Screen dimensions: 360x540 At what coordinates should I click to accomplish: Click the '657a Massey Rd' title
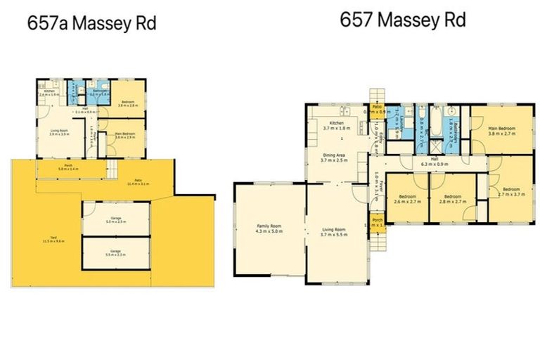(91, 22)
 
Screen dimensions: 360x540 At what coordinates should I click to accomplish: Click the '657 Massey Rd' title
(402, 20)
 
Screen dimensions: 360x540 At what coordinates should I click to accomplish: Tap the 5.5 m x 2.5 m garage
(117, 219)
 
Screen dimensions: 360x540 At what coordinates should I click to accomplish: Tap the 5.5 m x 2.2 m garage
(117, 254)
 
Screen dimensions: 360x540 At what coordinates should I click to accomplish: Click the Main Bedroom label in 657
(502, 131)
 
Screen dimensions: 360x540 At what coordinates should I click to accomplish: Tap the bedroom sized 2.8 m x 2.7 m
(451, 198)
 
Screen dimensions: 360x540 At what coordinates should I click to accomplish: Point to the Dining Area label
(334, 157)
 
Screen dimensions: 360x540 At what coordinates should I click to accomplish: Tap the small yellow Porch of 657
(378, 224)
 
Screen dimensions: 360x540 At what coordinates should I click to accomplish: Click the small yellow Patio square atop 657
(377, 110)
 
